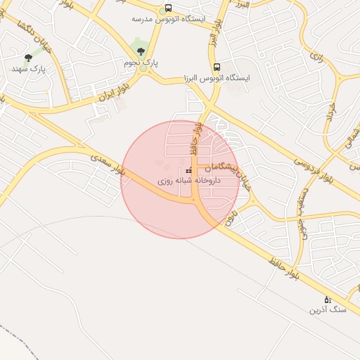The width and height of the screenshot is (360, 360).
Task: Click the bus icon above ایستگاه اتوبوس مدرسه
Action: (167, 8)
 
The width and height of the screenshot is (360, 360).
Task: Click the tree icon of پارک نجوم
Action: (141, 51)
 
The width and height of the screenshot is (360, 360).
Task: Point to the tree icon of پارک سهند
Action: (28, 58)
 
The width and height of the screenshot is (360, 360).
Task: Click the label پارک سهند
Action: (28, 69)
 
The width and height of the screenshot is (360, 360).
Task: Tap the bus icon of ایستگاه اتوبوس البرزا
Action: (217, 66)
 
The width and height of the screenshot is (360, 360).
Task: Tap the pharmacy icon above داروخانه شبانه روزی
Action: (188, 171)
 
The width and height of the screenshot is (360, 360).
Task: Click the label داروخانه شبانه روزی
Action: (188, 181)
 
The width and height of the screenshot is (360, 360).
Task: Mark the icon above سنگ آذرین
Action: (327, 300)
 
